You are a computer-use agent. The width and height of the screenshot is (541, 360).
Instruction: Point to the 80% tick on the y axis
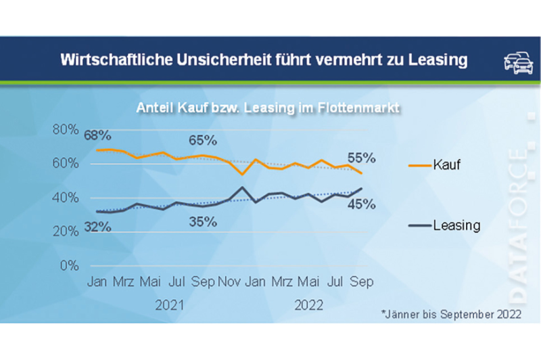[x=65, y=129]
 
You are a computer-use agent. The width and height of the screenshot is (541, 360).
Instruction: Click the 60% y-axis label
[x=65, y=163]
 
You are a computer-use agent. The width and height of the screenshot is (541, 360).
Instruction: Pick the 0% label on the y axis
[x=68, y=265]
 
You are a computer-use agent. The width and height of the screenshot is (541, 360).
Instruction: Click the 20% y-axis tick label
[x=65, y=231]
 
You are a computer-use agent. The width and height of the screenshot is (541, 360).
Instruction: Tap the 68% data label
[x=98, y=136]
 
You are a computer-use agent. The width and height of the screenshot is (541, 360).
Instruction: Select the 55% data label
[x=361, y=157]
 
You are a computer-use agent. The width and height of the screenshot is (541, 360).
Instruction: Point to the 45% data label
[x=361, y=204]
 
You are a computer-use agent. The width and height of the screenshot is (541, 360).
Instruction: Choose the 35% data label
[x=202, y=221]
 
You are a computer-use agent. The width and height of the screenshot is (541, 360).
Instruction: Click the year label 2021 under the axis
[x=169, y=305]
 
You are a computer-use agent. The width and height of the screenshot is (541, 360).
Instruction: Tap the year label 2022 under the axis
[x=309, y=305]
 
